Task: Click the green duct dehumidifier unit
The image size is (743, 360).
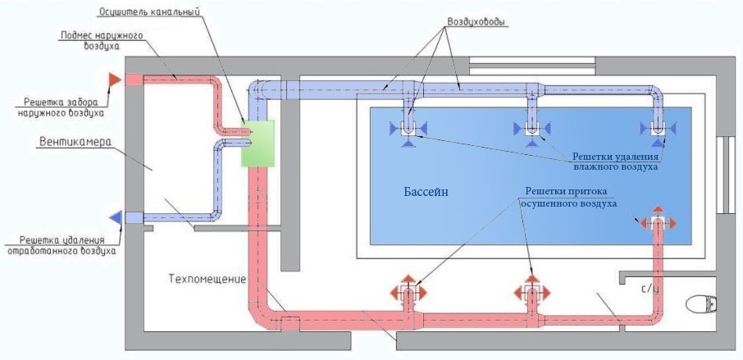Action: [256, 143]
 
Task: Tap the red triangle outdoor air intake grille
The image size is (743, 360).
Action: [115, 79]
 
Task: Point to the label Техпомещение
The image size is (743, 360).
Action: [209, 279]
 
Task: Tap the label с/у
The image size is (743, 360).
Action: [649, 289]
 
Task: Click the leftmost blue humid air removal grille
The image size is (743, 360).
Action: [408, 129]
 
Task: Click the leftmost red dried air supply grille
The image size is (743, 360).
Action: [408, 292]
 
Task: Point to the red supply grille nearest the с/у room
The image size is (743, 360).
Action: [657, 222]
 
